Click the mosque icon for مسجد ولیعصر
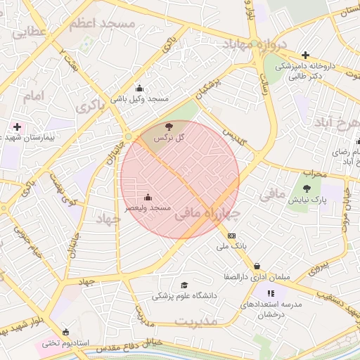147,198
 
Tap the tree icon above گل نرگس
168,127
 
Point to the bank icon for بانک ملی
232,236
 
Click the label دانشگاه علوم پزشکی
185,297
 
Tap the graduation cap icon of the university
184,285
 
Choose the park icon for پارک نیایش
306,188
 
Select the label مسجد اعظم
103,24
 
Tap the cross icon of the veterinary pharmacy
304,55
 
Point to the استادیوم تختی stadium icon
66,332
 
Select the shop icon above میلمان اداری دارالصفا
259,266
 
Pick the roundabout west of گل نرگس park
128,136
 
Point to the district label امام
33,95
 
